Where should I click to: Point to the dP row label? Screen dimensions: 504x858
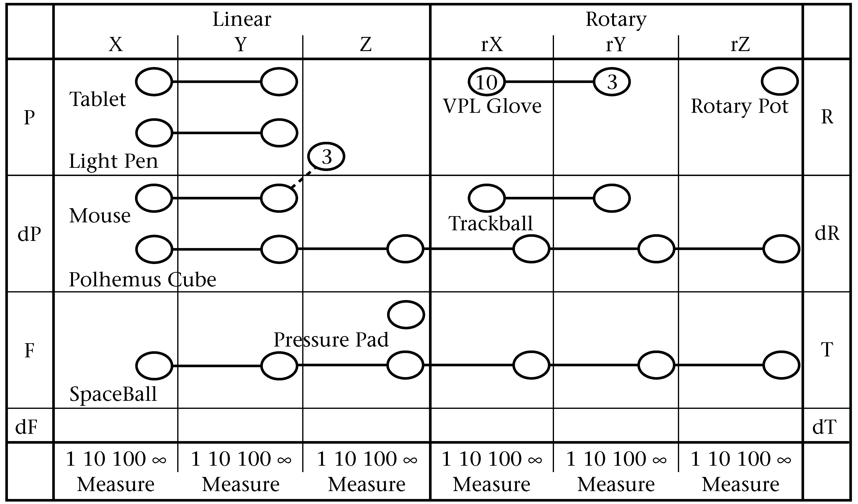point(29,234)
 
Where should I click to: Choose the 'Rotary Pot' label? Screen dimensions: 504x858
point(740,106)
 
